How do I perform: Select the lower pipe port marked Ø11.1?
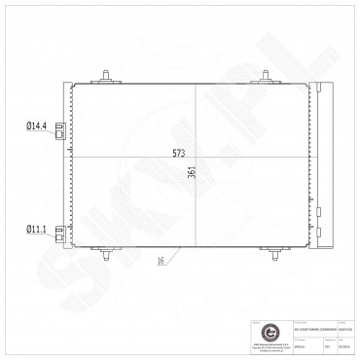[x=62, y=234]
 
